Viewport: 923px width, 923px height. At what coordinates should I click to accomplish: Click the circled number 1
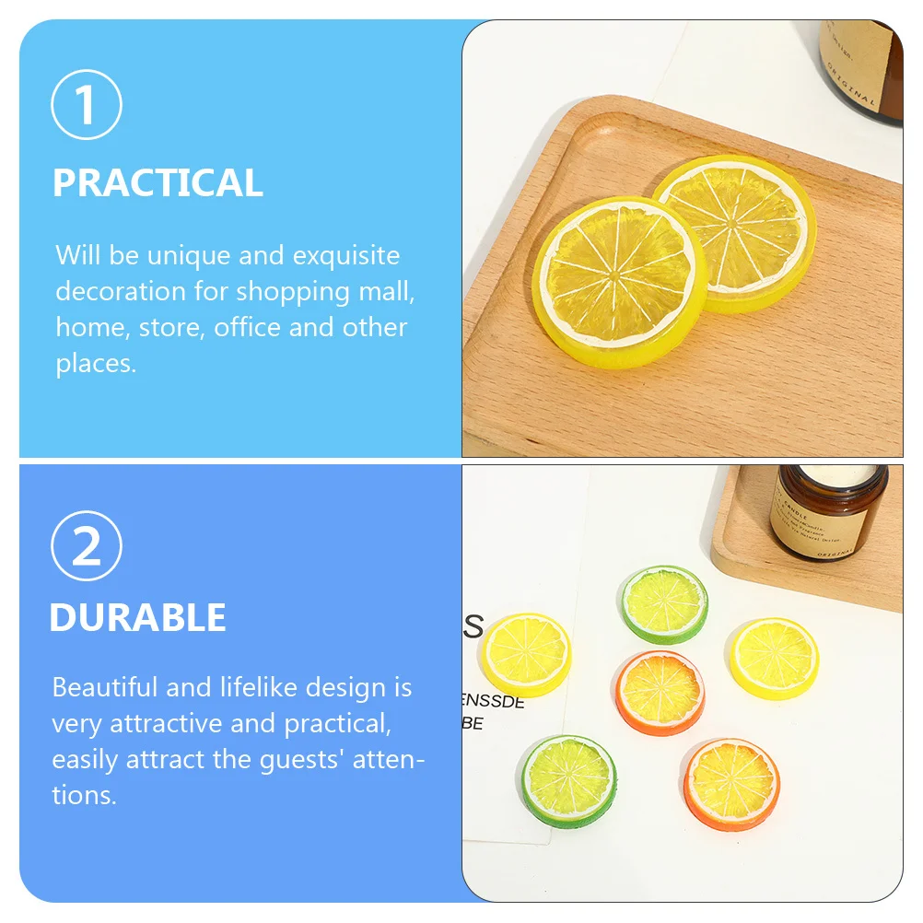(87, 108)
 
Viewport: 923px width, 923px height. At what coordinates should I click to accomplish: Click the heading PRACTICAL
(158, 182)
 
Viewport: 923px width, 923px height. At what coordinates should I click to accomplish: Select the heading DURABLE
(137, 617)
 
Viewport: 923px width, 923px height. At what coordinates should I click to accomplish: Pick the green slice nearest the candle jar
(664, 604)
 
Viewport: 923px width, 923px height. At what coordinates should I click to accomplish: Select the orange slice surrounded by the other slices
(660, 692)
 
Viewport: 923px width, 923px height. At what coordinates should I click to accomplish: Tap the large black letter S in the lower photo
(473, 625)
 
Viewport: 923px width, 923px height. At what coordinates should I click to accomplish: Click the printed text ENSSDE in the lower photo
(492, 702)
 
